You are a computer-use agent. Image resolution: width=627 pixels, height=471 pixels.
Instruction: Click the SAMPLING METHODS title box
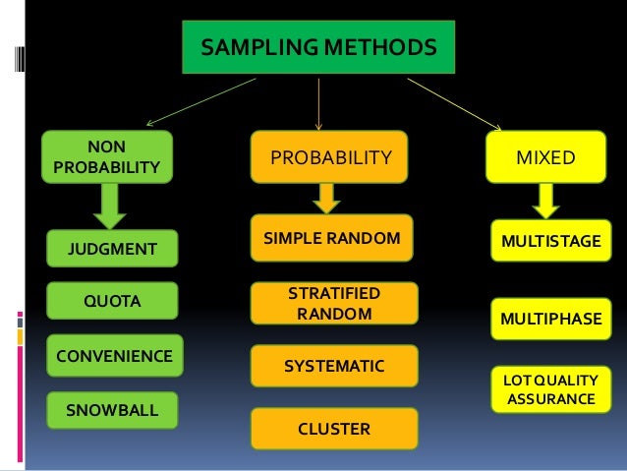coord(318,47)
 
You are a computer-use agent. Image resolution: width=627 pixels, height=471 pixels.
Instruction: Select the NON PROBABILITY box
coord(106,157)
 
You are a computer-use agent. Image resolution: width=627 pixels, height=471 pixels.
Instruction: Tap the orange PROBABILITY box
coord(330,157)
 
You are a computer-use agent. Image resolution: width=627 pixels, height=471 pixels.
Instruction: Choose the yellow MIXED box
coord(545,157)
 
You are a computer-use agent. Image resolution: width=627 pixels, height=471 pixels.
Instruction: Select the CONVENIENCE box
coord(113,355)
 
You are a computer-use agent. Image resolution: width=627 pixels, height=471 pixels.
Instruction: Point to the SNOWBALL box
coord(111,409)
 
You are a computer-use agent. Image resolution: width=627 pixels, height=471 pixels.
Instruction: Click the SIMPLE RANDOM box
coord(331,238)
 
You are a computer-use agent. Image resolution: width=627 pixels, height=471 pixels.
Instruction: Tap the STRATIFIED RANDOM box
coord(334,304)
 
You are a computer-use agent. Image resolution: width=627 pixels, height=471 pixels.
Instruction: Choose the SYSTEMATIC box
coord(334,366)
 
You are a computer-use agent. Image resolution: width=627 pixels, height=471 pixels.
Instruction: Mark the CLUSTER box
coord(334,429)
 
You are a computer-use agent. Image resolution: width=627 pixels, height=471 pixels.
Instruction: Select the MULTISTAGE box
coord(550,241)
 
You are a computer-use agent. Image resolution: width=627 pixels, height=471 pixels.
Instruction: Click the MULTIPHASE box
coord(550,320)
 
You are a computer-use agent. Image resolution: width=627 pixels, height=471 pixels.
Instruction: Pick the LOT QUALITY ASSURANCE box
coord(550,389)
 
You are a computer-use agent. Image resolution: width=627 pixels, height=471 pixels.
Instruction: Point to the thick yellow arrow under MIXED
coord(544,201)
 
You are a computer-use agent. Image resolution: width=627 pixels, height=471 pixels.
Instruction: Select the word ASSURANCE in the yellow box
coord(550,399)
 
